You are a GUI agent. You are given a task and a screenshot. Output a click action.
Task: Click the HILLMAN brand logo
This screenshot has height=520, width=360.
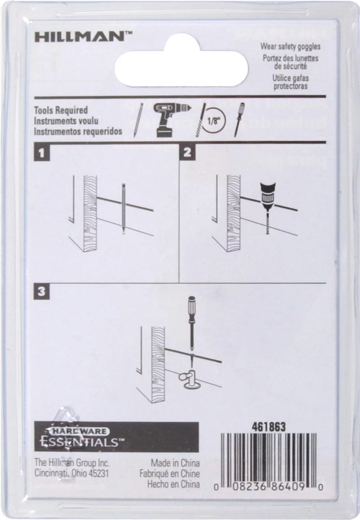tap(82, 37)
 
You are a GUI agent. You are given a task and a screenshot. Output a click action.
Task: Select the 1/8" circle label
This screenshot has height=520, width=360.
tap(213, 121)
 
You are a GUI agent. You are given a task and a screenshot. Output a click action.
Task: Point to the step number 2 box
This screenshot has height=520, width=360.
tap(188, 152)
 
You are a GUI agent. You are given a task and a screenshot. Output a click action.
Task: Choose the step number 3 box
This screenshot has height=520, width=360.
tap(41, 291)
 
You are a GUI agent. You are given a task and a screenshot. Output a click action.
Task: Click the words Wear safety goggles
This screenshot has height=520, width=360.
tap(290, 46)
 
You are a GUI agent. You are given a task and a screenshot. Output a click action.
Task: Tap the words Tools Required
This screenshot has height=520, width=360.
tap(61, 110)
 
